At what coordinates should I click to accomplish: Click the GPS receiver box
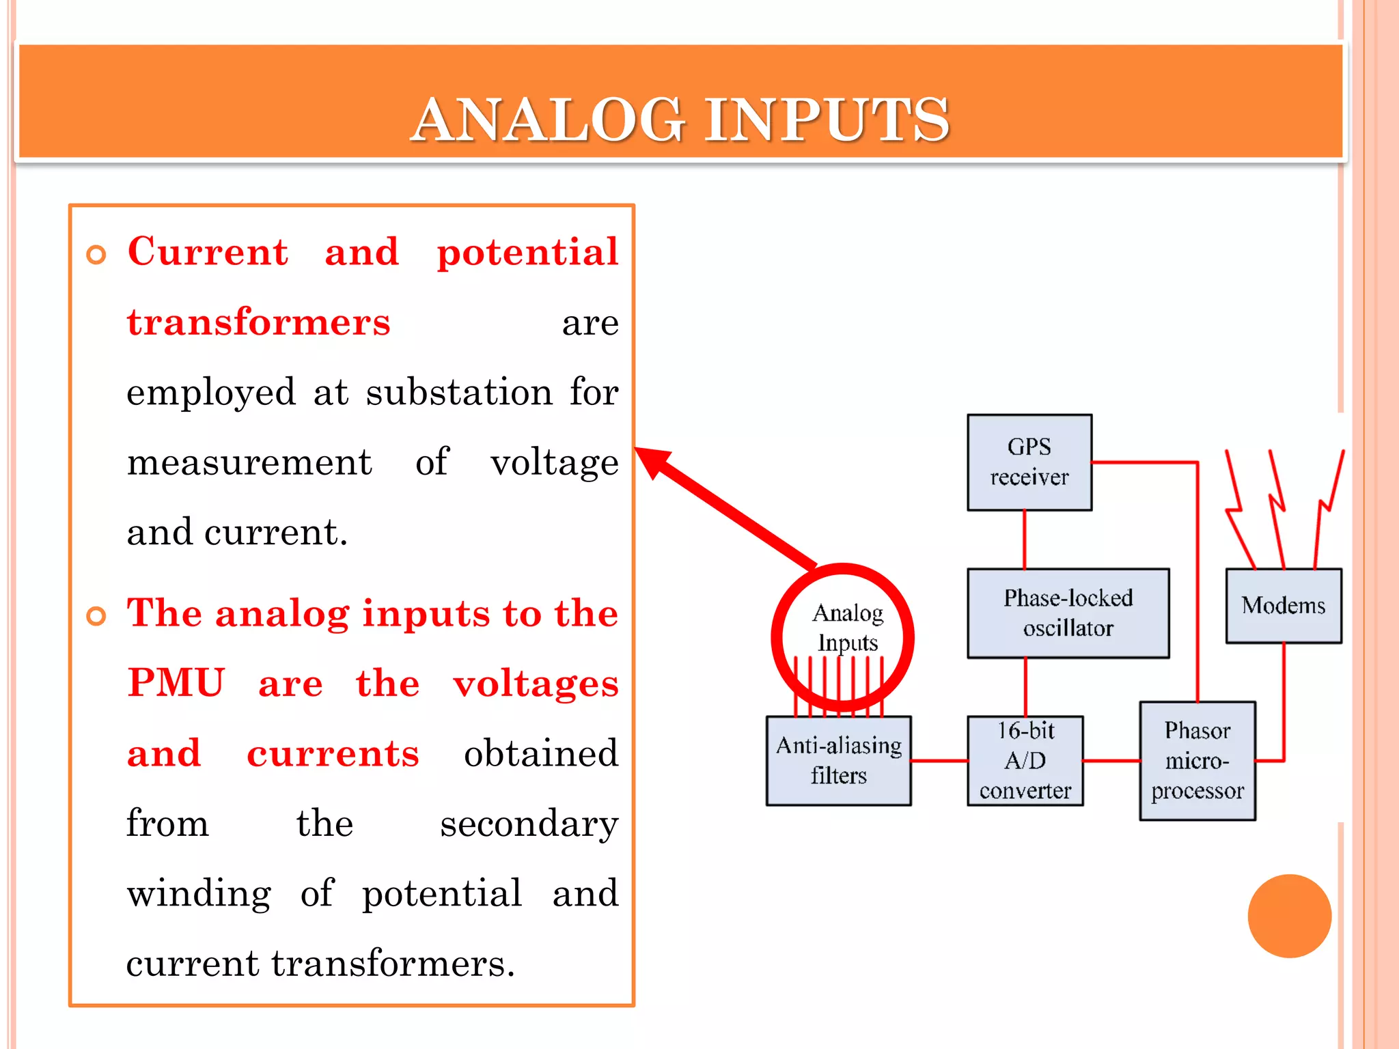[1029, 462]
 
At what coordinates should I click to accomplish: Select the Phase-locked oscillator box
[1068, 613]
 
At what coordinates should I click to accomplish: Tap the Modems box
[1283, 606]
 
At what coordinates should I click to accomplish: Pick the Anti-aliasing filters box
[838, 761]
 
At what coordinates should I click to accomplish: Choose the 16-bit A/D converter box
[1025, 761]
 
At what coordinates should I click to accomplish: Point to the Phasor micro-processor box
[1197, 761]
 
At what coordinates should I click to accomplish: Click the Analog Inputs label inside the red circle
[847, 628]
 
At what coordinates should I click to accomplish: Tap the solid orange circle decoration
[1289, 916]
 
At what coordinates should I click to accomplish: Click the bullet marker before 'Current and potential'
[96, 255]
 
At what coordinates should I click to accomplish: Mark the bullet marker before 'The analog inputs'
[96, 616]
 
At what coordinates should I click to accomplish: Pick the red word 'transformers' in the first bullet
[258, 322]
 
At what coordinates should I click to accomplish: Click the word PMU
[176, 683]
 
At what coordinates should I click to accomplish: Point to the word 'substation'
[459, 393]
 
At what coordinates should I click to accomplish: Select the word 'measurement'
[249, 462]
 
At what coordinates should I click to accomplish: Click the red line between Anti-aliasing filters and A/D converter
[939, 760]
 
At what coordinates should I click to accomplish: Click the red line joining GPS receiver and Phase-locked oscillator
[1024, 540]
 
